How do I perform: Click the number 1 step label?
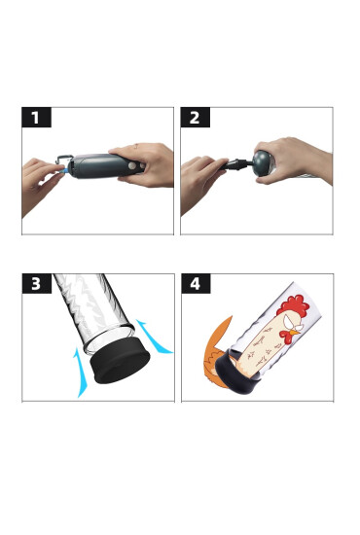[35, 118]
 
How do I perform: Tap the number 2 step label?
[195, 118]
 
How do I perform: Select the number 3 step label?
[35, 284]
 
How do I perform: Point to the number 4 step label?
[195, 284]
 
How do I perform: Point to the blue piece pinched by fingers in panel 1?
[60, 169]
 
